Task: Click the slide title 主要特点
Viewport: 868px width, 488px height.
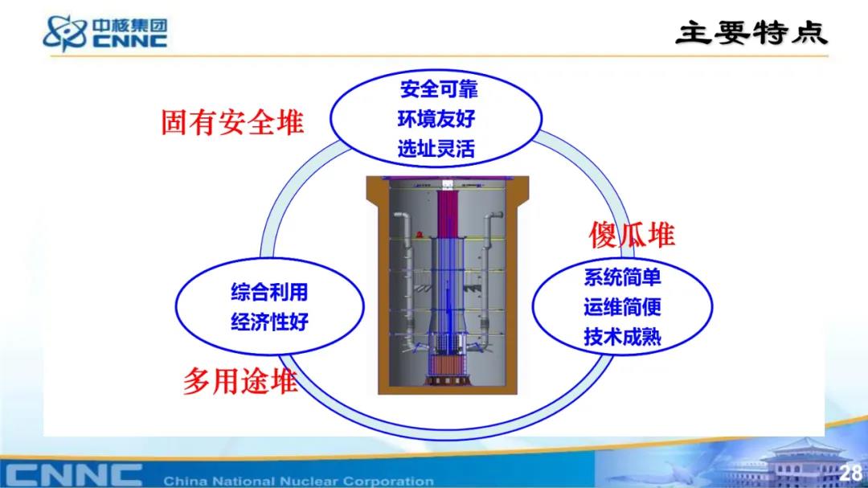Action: click(x=751, y=33)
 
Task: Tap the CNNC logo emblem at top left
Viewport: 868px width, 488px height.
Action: click(x=65, y=33)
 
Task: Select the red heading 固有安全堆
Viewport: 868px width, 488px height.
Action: click(x=232, y=122)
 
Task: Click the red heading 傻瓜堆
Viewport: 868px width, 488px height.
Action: click(x=631, y=235)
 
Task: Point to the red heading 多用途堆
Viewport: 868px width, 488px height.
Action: click(x=240, y=381)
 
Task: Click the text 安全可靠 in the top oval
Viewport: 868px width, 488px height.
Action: click(x=439, y=89)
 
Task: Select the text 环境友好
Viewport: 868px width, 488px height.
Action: click(x=436, y=118)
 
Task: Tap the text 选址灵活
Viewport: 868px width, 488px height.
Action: click(x=436, y=149)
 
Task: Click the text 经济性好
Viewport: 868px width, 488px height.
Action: click(x=269, y=322)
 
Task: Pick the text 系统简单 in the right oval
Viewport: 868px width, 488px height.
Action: click(x=622, y=277)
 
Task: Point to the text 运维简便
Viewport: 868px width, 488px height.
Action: click(x=622, y=307)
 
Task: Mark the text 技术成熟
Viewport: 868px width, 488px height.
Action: click(x=622, y=337)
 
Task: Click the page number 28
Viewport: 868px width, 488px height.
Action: click(x=850, y=473)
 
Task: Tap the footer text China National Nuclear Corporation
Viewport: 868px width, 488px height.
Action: click(x=298, y=481)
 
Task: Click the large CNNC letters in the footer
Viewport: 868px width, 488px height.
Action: click(x=74, y=474)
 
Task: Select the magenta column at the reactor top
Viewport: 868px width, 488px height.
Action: click(x=448, y=213)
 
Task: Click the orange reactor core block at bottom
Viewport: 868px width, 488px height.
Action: click(x=448, y=365)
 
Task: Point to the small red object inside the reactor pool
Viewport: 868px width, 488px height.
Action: click(x=420, y=235)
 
